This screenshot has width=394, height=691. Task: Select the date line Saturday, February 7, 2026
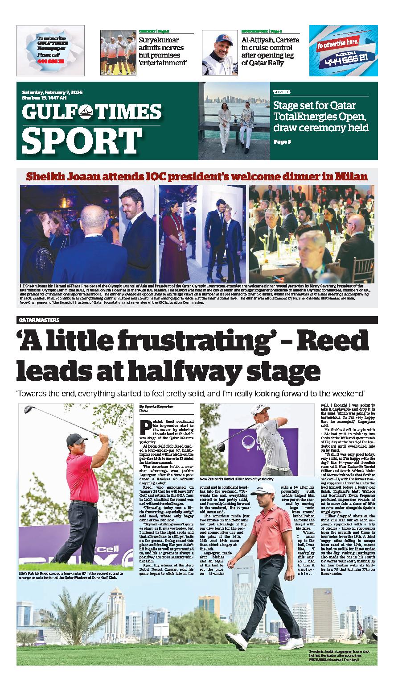tap(52, 92)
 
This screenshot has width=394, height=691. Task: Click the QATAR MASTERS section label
tap(40, 320)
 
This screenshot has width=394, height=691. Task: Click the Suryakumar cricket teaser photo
tap(118, 52)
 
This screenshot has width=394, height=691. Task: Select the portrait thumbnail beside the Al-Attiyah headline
tap(220, 52)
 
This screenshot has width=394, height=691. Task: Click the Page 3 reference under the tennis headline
tap(282, 142)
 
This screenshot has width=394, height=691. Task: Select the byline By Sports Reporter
tap(156, 407)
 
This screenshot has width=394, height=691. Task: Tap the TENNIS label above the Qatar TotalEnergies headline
tap(282, 92)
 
